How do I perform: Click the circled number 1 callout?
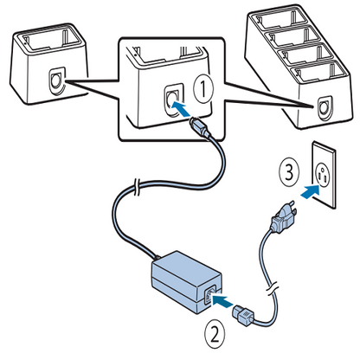click(x=202, y=87)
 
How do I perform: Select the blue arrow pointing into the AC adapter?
click(x=223, y=299)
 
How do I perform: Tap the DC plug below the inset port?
click(x=200, y=131)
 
